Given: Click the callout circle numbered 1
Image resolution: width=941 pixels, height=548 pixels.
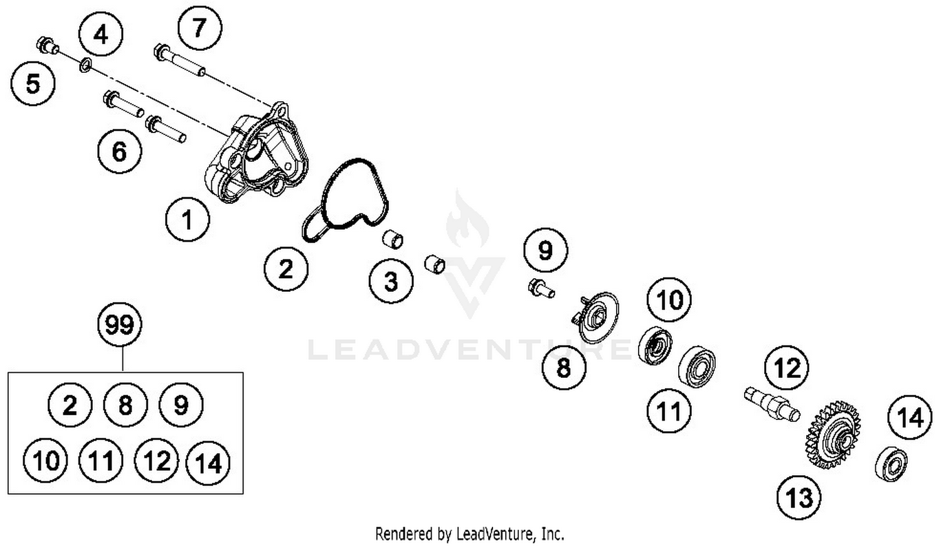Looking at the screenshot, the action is (x=187, y=219).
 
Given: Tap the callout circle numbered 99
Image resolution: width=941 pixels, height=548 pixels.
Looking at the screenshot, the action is (x=120, y=325).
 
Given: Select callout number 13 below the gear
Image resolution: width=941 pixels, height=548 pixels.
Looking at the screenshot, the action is (x=799, y=498).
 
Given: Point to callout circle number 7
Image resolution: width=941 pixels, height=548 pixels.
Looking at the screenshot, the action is (x=199, y=28).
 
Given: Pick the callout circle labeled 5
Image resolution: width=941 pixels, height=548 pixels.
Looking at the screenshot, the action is (x=33, y=83).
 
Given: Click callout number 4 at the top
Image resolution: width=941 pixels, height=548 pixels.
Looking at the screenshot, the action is (x=101, y=34).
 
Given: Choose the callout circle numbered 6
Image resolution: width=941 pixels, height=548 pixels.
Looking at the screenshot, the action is (x=119, y=151).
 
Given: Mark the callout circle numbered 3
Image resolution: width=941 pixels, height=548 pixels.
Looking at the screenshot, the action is (x=391, y=281).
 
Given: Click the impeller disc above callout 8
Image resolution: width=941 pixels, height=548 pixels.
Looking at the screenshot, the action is (x=596, y=316).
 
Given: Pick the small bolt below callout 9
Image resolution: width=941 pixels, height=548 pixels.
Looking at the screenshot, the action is (x=541, y=288).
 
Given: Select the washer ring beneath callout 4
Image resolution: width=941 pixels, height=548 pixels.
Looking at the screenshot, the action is (x=86, y=65).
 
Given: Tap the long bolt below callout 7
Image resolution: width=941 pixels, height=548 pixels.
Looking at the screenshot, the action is (x=179, y=60).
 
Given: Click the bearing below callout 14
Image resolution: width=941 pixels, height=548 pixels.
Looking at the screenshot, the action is (x=891, y=463).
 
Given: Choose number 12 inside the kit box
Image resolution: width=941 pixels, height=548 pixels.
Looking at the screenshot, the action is (x=156, y=460).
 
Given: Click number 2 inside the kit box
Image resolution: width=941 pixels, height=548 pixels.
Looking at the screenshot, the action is (x=70, y=405).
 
